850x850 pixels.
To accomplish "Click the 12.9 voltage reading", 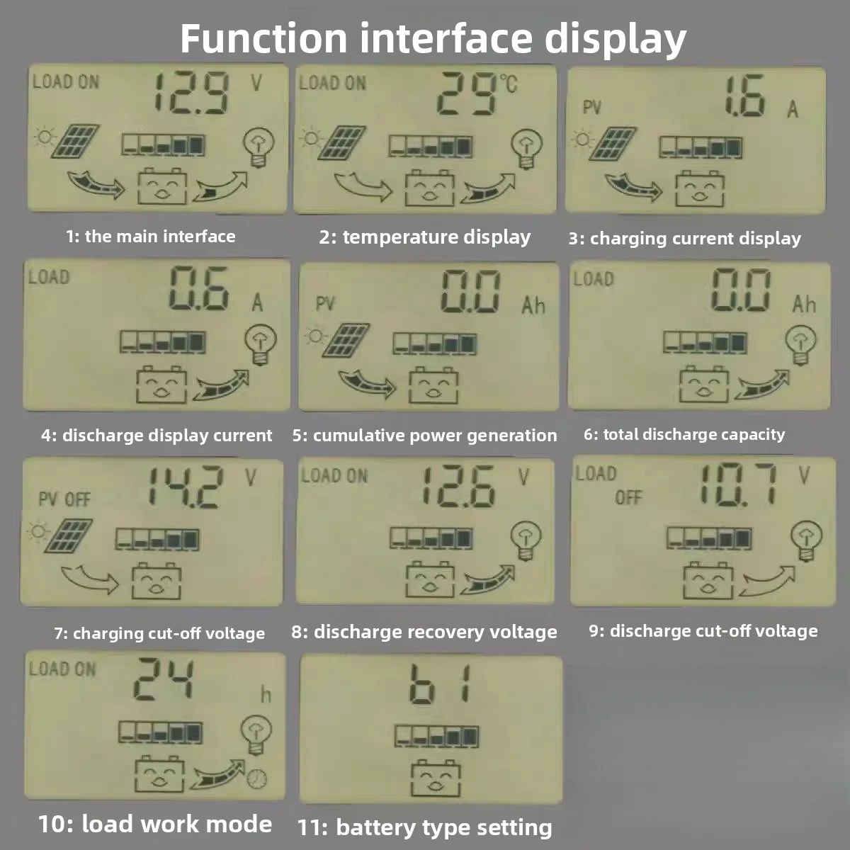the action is tap(192, 93).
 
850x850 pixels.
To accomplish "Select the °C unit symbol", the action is tap(509, 84).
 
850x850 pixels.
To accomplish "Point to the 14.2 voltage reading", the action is tap(186, 487).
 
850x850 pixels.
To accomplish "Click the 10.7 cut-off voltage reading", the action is tap(738, 484).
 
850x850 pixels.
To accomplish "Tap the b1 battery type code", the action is tap(440, 685).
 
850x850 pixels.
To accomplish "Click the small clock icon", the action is tap(256, 791).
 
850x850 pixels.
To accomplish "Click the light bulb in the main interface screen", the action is tap(259, 147).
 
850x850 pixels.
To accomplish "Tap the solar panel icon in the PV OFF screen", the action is tap(69, 536).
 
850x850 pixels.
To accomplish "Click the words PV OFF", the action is tap(64, 499).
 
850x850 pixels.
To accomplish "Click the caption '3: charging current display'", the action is tap(684, 239).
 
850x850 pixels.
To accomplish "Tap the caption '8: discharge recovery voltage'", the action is tap(424, 632).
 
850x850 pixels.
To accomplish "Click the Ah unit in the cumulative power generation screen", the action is tap(533, 305).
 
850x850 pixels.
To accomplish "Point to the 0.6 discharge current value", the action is tap(199, 288).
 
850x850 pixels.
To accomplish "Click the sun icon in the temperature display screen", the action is tap(311, 139).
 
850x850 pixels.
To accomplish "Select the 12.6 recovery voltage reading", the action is tap(458, 487).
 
